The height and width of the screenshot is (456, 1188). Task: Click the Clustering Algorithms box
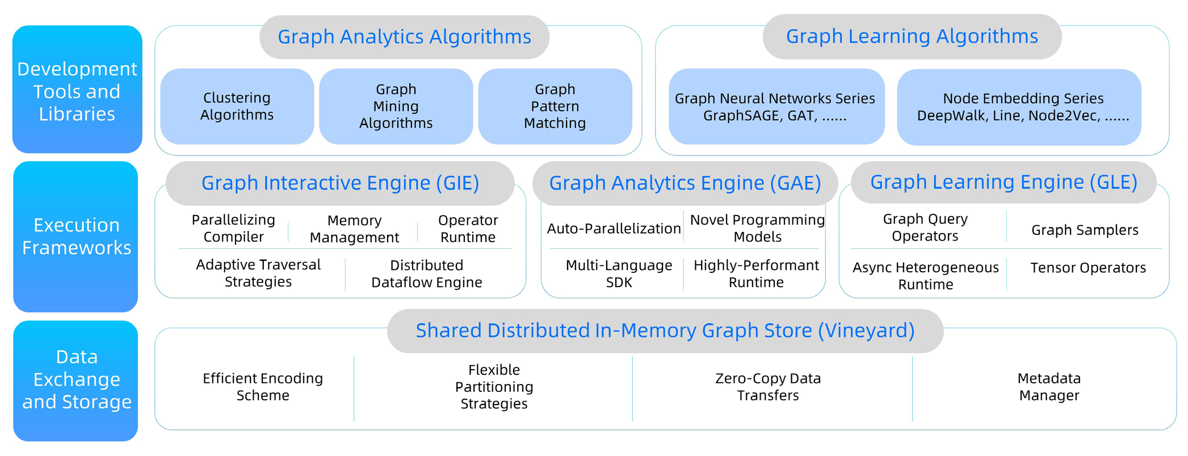[x=237, y=107]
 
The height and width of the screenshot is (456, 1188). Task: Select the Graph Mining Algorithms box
[x=396, y=107]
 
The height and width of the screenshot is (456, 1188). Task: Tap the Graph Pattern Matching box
[x=555, y=107]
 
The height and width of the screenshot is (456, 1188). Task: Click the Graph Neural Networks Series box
[x=775, y=107]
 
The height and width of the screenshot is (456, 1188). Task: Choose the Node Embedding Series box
[x=1018, y=107]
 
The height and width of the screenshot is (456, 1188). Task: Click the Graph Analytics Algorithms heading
[x=404, y=37]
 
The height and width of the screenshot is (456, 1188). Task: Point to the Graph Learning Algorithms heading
[x=912, y=36]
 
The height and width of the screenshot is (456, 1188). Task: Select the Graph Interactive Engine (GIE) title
[x=340, y=183]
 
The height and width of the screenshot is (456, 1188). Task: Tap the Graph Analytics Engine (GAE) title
[x=685, y=183]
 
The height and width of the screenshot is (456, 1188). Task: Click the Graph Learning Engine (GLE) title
[x=1003, y=182]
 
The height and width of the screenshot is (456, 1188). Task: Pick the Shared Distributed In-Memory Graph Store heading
[x=665, y=331]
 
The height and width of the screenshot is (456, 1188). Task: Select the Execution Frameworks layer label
[x=76, y=237]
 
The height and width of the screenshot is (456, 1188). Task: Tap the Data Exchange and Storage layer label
[x=76, y=380]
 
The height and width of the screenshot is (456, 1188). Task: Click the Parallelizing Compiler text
[x=233, y=229]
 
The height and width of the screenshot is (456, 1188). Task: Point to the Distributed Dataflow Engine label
[x=426, y=274]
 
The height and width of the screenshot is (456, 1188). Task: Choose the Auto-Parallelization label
[x=614, y=229]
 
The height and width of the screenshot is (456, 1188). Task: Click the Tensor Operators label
[x=1088, y=268]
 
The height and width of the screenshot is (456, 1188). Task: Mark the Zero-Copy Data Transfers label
[x=767, y=387]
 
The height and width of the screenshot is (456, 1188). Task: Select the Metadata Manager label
[x=1048, y=387]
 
